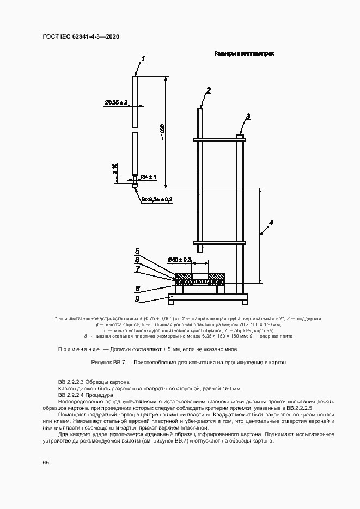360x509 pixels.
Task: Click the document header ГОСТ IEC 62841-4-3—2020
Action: click(81, 36)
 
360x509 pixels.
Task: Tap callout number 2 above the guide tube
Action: click(208, 90)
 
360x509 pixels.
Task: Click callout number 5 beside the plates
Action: click(137, 252)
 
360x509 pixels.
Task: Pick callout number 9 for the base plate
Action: click(137, 299)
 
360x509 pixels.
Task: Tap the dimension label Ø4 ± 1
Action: click(148, 177)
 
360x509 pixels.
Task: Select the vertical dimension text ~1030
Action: click(162, 132)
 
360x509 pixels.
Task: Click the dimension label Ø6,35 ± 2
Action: click(115, 102)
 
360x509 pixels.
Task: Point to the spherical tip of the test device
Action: click(135, 185)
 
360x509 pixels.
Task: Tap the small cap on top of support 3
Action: click(239, 136)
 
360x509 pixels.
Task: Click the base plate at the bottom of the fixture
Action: click(208, 297)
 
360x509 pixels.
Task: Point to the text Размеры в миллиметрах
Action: click(243, 54)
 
